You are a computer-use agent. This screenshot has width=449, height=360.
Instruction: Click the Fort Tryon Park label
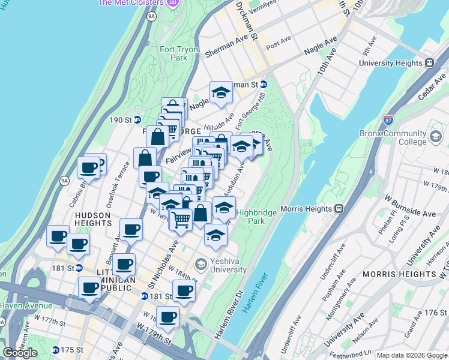pyautogui.click(x=175, y=54)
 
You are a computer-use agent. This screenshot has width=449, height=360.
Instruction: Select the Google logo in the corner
pyautogui.click(x=20, y=353)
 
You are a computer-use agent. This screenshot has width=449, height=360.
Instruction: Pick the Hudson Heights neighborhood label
pyautogui.click(x=92, y=219)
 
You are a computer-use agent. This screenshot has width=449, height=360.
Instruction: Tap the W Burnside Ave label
pyautogui.click(x=414, y=214)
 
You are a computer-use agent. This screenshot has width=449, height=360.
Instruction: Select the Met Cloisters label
pyautogui.click(x=130, y=2)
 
